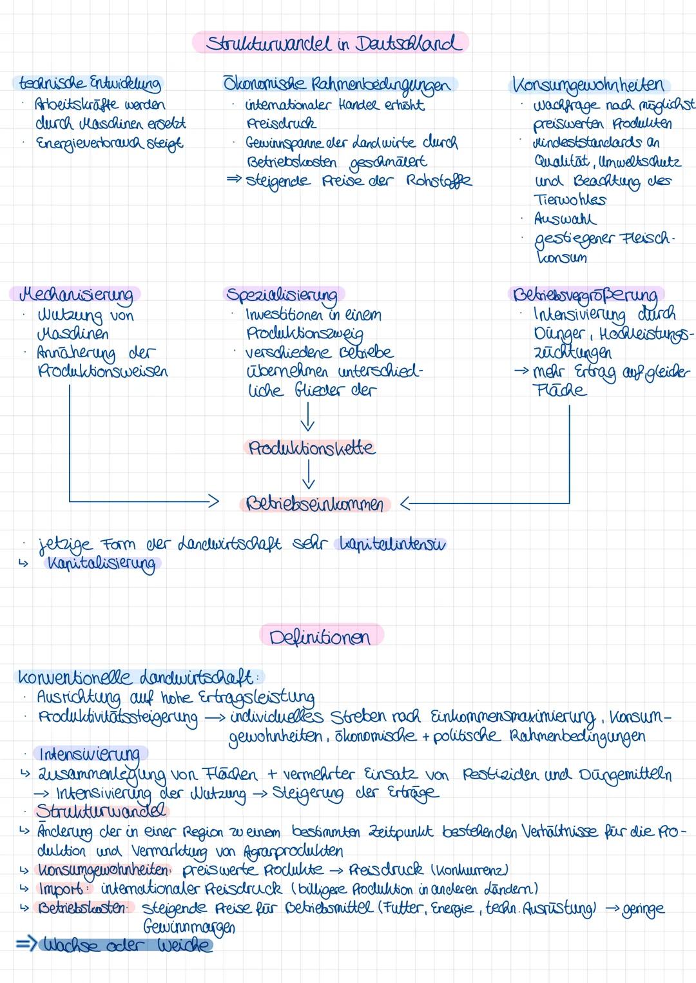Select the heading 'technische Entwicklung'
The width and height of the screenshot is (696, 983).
click(x=88, y=84)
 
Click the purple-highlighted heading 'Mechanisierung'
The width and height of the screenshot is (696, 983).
click(x=76, y=295)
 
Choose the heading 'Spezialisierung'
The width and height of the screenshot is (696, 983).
click(x=282, y=295)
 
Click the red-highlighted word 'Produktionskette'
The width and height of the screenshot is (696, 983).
click(x=311, y=447)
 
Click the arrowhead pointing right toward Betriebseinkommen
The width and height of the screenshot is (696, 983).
click(x=213, y=500)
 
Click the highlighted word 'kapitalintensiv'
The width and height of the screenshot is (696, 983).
click(x=391, y=544)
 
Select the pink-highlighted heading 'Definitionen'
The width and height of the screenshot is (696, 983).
click(x=320, y=637)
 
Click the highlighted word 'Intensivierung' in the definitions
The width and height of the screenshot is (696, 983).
click(x=90, y=754)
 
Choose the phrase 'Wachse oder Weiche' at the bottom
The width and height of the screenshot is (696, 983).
click(x=126, y=946)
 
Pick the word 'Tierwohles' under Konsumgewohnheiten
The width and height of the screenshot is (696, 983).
click(x=570, y=199)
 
